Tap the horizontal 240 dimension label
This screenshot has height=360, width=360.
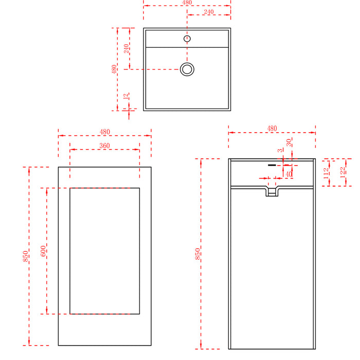(209, 12)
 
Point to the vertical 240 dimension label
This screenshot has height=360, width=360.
(127, 49)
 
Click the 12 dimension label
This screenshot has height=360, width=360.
(125, 97)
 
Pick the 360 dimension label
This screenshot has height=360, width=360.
(104, 146)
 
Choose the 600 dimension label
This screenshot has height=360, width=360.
(43, 251)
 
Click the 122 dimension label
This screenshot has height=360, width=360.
(343, 172)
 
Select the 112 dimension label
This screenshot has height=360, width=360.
(326, 174)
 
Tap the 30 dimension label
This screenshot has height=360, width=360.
(289, 142)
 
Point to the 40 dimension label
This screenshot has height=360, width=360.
(289, 174)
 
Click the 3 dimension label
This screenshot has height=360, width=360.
(280, 151)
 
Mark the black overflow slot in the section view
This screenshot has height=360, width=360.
(272, 165)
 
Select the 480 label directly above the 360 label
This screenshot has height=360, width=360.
(105, 132)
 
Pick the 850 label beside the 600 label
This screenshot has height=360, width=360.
(26, 256)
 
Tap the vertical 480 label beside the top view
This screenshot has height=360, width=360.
(114, 69)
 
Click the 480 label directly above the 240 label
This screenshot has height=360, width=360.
(187, 3)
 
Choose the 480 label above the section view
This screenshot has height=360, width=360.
(272, 129)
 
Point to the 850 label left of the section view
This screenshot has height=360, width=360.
(197, 254)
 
